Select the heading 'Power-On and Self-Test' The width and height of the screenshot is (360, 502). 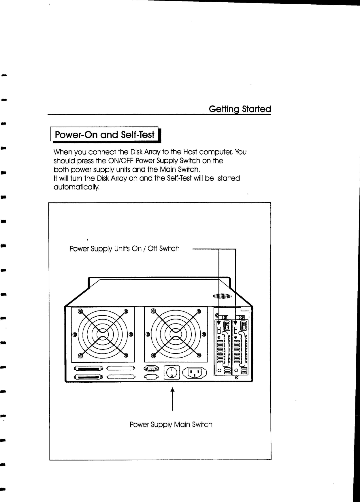pos(105,135)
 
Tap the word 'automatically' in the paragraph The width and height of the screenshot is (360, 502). pos(77,187)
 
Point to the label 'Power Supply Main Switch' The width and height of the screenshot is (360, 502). pos(171,424)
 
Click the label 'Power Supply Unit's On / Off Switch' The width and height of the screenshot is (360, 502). pos(125,249)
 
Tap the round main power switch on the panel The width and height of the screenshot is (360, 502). pos(172,373)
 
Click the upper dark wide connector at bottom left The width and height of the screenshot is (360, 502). pos(89,368)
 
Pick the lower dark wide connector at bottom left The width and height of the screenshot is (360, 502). pos(89,377)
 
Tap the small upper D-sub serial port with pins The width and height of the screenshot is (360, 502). pos(152,368)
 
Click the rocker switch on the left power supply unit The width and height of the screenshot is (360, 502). pos(227,326)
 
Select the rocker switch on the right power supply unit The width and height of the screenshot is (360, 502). pos(244,326)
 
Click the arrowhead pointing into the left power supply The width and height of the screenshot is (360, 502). pos(219,322)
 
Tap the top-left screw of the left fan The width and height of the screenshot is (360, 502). pos(80,311)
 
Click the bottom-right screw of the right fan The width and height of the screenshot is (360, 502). pos(199,355)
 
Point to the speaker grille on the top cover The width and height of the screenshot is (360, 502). pos(222,296)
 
